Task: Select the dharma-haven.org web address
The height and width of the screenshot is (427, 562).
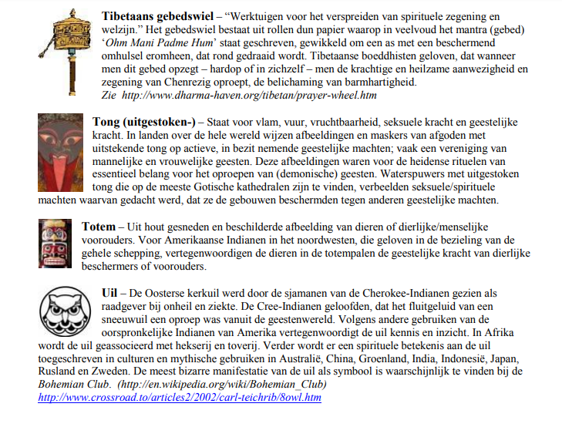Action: click(248, 95)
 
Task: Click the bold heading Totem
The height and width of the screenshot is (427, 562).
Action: click(99, 226)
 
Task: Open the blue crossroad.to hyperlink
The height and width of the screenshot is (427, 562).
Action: click(179, 397)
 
